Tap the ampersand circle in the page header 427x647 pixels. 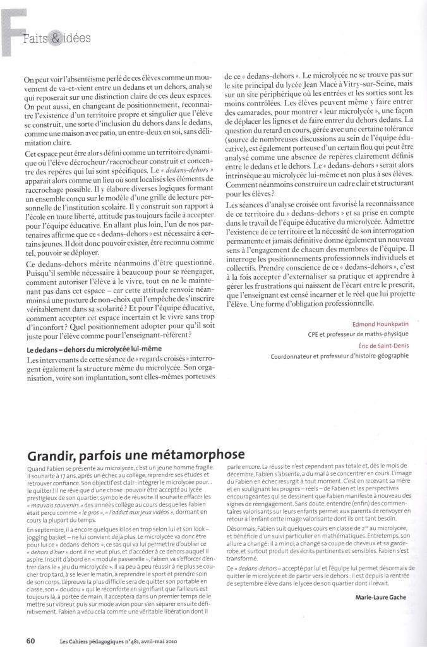click(56, 39)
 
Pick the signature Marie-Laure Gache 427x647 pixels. click(382, 597)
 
